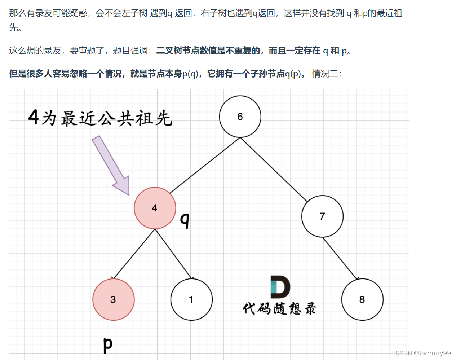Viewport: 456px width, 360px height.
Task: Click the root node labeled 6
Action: [x=240, y=117]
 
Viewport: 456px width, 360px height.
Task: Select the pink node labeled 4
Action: [x=155, y=208]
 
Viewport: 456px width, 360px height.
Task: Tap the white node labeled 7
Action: [x=322, y=216]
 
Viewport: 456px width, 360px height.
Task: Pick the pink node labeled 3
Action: [x=114, y=299]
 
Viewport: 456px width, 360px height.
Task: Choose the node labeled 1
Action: [x=191, y=299]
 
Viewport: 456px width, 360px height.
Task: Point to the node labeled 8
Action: [x=362, y=299]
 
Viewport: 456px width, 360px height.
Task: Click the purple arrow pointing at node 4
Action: [x=110, y=164]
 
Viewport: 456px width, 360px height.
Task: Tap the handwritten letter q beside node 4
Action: [x=185, y=220]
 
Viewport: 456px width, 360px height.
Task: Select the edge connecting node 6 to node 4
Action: [x=204, y=165]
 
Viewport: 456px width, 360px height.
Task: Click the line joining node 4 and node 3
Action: [x=134, y=254]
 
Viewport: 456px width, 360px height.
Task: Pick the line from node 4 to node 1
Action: [x=173, y=254]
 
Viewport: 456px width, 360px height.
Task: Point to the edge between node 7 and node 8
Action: [x=340, y=258]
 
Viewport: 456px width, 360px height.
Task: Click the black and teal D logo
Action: [x=280, y=287]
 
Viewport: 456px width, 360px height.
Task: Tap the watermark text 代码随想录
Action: [x=279, y=309]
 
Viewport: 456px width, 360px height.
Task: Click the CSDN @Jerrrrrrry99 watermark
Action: [x=423, y=353]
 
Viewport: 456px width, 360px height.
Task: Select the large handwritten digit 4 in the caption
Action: [x=33, y=117]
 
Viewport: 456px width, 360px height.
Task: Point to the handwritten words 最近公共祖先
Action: [x=116, y=119]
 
